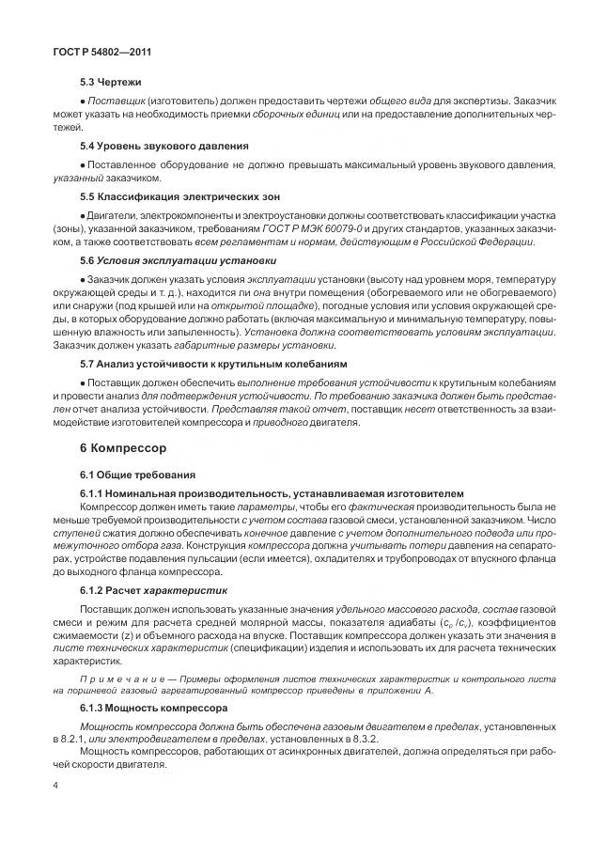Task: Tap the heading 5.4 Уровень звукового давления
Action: click(164, 146)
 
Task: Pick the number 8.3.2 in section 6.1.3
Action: click(377, 739)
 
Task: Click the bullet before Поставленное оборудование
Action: click(83, 164)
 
